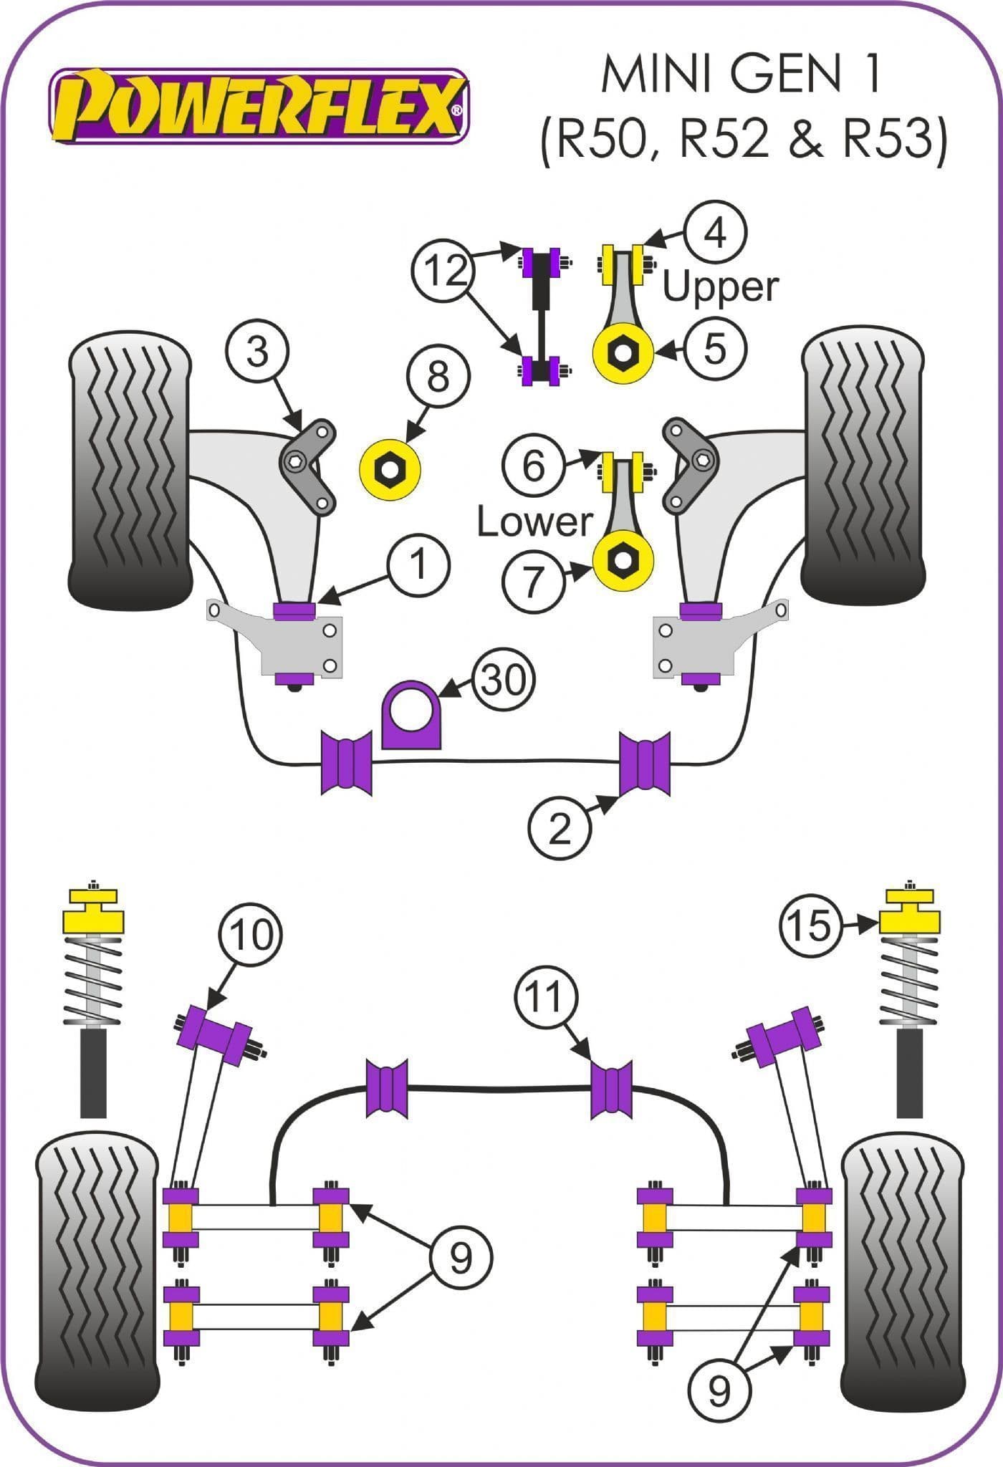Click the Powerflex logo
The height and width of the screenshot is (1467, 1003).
coord(259,106)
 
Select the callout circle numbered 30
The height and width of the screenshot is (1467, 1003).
coord(504,680)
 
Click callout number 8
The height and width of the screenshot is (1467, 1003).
coord(438,376)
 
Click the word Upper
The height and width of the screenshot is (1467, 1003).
coord(719,287)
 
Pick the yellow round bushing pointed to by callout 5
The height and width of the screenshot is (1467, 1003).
coord(623,351)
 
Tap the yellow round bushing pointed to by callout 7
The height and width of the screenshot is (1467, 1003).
coord(623,559)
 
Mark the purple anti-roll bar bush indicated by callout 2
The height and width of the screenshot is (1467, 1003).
coord(645,764)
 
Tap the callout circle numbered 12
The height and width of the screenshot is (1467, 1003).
coord(443,271)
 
